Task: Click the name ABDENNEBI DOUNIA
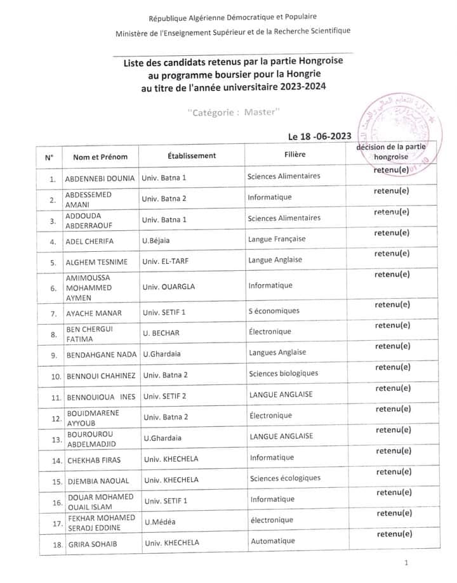[100, 178]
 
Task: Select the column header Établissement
[192, 155]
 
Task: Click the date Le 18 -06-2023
[319, 136]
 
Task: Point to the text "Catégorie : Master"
[234, 112]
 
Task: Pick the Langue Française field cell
[277, 239]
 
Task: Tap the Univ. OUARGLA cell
[169, 286]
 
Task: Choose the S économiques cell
[274, 311]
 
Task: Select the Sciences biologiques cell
[283, 373]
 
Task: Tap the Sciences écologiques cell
[285, 478]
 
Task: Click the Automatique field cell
[273, 541]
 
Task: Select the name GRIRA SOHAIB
[92, 544]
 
